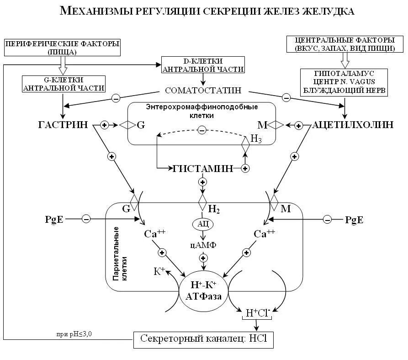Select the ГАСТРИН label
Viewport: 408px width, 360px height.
64,124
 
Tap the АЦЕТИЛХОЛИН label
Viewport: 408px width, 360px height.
352,124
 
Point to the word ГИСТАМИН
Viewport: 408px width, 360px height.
203,168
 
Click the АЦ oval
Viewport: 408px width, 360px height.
203,224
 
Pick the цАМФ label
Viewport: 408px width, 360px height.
203,245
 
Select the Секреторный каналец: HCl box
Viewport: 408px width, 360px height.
203,339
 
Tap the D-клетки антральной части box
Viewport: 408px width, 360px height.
202,65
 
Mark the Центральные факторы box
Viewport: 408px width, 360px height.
345,44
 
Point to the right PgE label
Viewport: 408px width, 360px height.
355,220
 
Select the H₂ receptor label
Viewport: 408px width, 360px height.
214,210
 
